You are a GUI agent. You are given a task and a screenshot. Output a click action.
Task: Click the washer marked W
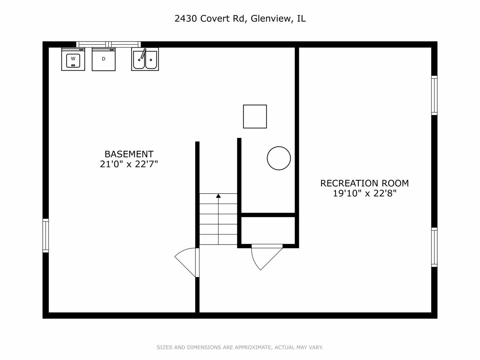click(x=73, y=59)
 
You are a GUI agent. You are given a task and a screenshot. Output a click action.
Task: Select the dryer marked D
click(x=104, y=59)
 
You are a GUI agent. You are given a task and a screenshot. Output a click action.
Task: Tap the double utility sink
click(x=145, y=59)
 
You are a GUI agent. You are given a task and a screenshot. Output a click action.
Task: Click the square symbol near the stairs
click(x=255, y=116)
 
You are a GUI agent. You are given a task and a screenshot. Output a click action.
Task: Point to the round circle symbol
click(x=279, y=158)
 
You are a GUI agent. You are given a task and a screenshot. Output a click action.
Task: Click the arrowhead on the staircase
click(x=218, y=196)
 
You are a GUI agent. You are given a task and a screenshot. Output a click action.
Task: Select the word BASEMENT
click(x=129, y=154)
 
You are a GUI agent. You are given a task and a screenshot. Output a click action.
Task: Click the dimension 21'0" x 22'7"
click(x=129, y=164)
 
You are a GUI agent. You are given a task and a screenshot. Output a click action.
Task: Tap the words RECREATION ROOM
click(x=364, y=183)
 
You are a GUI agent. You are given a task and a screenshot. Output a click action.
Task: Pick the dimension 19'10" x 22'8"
click(x=364, y=193)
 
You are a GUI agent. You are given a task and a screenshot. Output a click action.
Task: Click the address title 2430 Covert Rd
click(x=210, y=19)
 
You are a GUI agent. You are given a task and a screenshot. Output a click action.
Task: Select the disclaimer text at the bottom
click(x=240, y=347)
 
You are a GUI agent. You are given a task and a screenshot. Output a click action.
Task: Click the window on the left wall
click(x=46, y=235)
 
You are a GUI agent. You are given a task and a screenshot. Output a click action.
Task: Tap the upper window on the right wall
click(x=434, y=95)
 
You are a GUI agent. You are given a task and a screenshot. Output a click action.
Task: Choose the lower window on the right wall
click(x=434, y=247)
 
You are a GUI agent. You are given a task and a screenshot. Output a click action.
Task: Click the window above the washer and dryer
click(x=109, y=44)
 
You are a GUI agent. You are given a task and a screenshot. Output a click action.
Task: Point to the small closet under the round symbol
click(x=268, y=230)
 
